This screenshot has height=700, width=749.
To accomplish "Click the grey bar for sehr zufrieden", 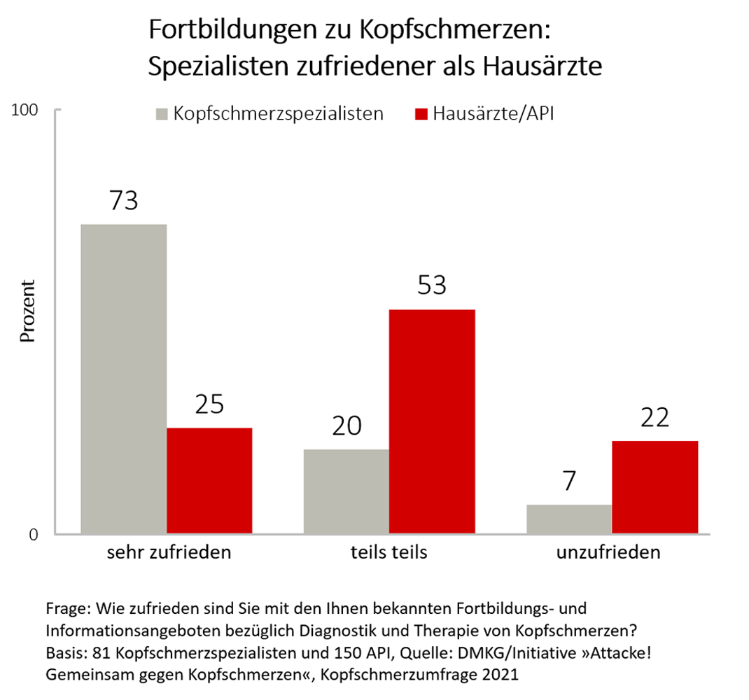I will pyautogui.click(x=124, y=379).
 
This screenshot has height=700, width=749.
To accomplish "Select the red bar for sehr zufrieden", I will pyautogui.click(x=209, y=481).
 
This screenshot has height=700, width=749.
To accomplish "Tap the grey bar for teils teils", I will pyautogui.click(x=346, y=491).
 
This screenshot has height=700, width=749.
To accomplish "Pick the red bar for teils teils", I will pyautogui.click(x=432, y=421).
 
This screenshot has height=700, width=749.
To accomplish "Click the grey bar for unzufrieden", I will pyautogui.click(x=569, y=519).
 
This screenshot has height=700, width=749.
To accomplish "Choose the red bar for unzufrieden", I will pyautogui.click(x=654, y=487).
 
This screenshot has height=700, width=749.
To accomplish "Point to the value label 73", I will pyautogui.click(x=124, y=201).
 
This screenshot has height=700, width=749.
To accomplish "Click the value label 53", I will pyautogui.click(x=432, y=286).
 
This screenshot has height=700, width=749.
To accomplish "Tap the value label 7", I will pyautogui.click(x=569, y=482).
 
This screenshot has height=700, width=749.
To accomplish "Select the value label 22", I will pyautogui.click(x=654, y=417).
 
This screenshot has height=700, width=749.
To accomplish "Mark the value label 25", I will pyautogui.click(x=209, y=405).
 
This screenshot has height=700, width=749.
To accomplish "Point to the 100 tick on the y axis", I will pyautogui.click(x=29, y=111).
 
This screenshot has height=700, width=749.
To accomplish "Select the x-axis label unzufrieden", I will pyautogui.click(x=608, y=552).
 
